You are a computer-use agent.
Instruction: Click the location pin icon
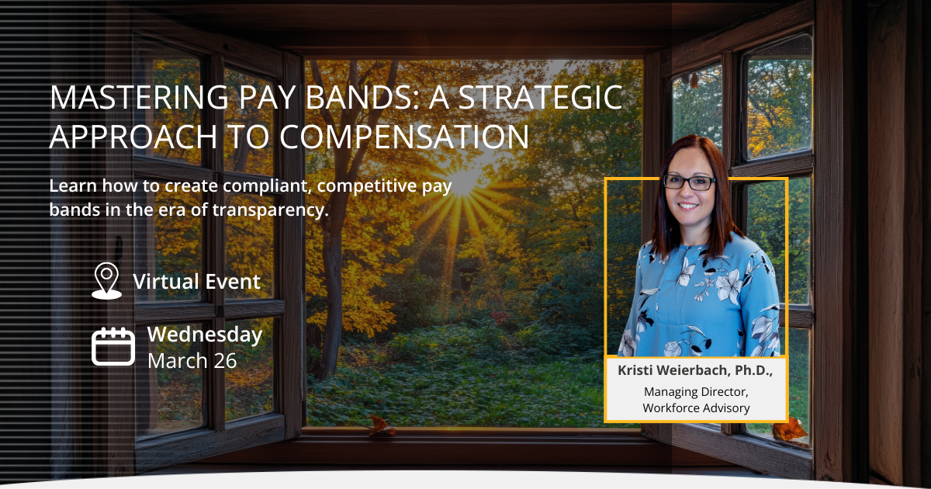[x=106, y=280]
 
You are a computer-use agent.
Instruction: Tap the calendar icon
[x=113, y=346]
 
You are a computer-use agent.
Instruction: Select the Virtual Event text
[x=196, y=281]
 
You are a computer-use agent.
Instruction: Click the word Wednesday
[x=205, y=335]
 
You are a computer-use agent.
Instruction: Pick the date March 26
[x=192, y=361]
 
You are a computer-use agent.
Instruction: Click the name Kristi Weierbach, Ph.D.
[x=695, y=371]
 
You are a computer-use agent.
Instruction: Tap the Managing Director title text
[x=696, y=392]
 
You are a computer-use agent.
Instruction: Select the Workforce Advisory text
[x=696, y=408]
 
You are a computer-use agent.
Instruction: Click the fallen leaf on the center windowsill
[x=380, y=424]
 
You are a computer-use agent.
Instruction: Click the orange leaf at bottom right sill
[x=791, y=429]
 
